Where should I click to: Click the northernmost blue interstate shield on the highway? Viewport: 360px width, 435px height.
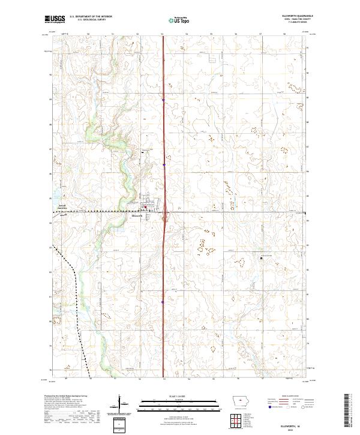[163, 100]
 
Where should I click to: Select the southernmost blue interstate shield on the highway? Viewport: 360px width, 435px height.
[163, 302]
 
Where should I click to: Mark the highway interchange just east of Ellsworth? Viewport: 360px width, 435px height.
[164, 217]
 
